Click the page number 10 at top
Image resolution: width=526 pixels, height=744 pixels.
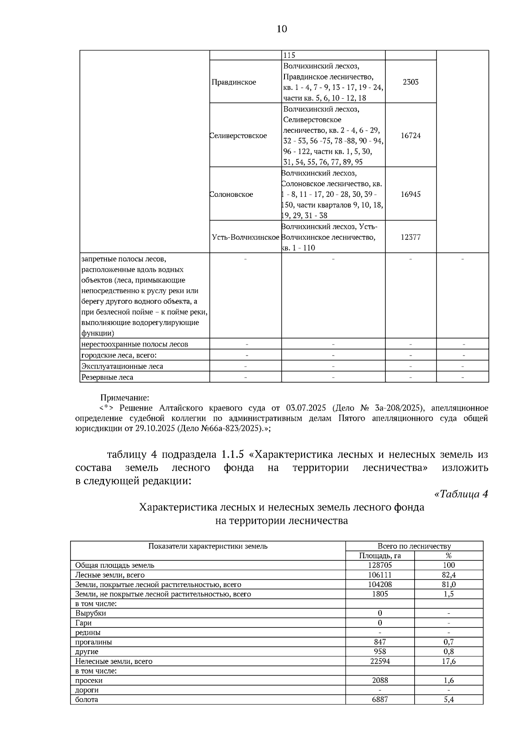coord(282,29)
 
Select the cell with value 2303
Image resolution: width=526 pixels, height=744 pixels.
coord(410,82)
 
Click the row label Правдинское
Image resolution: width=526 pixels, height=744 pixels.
coord(234,82)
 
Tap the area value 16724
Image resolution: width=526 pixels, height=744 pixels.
coord(410,135)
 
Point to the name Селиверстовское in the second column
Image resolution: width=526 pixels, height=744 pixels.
coord(238,135)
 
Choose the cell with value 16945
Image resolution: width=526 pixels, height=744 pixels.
coord(410,194)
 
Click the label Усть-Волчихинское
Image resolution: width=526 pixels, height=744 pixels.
coord(245,237)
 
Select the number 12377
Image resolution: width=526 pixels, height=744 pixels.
coord(410,237)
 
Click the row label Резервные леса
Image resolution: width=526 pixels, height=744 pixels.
coord(107,377)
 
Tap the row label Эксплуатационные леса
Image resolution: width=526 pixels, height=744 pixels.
coord(122,366)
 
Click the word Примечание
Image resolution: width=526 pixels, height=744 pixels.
coord(125,398)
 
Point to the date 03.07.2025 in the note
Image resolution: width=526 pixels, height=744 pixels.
coord(306,408)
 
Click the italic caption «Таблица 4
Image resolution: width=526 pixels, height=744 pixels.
coord(461,494)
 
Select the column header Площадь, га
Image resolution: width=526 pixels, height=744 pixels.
coord(380,556)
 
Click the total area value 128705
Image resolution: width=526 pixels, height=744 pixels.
coord(380,565)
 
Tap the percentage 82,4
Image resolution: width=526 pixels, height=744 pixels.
coord(449,575)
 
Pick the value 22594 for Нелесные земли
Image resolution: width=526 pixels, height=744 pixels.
coord(380,661)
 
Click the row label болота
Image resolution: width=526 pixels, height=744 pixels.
coord(86,699)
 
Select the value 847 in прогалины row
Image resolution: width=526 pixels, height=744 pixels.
coord(380,642)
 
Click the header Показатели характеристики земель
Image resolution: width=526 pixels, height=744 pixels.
coord(208,546)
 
